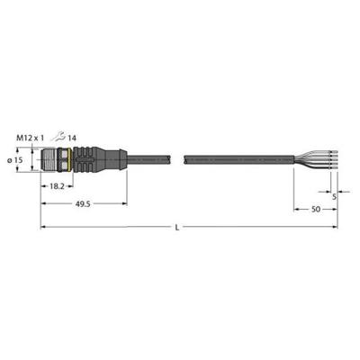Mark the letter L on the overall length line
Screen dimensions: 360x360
(178, 230)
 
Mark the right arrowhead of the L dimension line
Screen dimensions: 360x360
(335, 226)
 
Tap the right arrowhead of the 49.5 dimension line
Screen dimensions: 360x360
(124, 204)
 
